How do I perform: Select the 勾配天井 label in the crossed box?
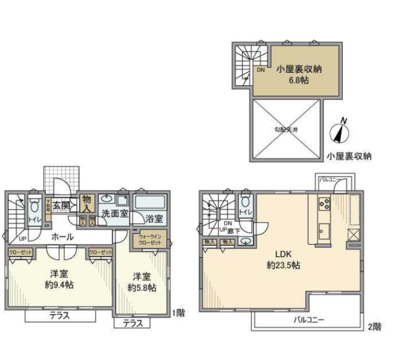[286, 129]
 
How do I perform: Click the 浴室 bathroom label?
[155, 218]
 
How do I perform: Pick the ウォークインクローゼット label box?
[149, 240]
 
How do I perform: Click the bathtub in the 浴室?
[150, 202]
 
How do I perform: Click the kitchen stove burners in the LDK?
[324, 203]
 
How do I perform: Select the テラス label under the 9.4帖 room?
[60, 315]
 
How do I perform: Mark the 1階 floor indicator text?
[179, 313]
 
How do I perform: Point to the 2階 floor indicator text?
[374, 326]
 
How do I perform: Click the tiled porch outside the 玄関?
[62, 179]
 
